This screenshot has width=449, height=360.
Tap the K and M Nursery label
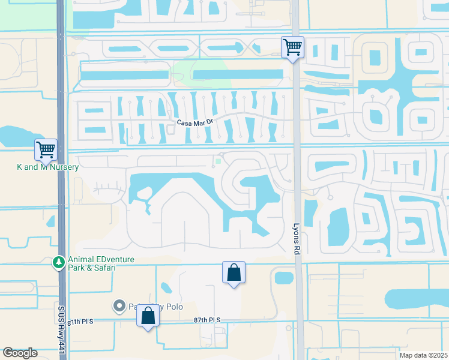coord(48,167)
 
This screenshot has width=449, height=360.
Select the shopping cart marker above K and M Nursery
coord(46,149)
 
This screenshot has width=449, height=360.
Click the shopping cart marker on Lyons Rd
coord(292,47)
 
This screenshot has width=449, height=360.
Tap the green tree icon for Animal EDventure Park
coord(58,263)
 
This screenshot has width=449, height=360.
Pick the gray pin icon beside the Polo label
coord(118,306)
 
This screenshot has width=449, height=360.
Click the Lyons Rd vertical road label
coord(297,241)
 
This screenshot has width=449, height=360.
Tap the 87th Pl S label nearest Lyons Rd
coord(207,321)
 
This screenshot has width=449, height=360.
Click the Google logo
coord(20,353)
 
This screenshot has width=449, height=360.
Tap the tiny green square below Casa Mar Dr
coord(218,160)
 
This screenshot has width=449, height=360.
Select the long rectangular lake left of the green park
coord(124,75)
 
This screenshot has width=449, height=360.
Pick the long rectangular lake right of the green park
coord(238,74)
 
